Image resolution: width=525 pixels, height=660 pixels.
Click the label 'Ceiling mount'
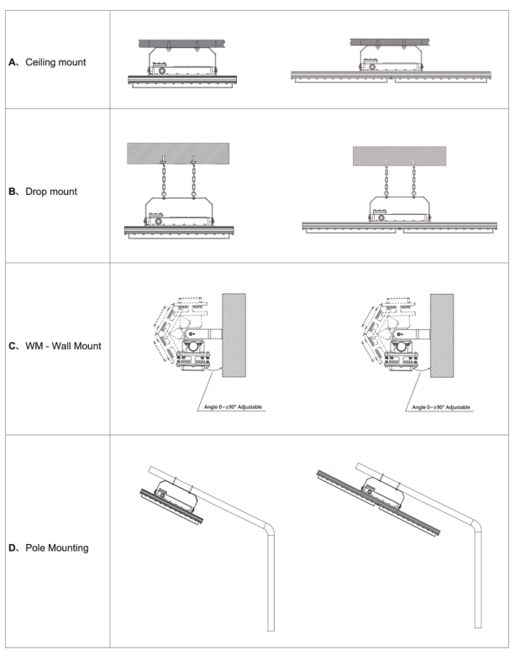coord(59,62)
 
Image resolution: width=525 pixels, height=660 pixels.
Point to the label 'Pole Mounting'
coord(62,547)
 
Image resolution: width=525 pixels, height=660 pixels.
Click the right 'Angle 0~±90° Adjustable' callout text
coord(441,406)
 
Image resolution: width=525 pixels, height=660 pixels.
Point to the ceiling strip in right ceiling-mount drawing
coord(394,40)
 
